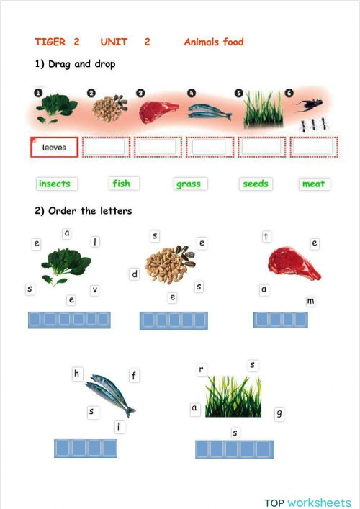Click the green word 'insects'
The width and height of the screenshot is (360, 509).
point(55,184)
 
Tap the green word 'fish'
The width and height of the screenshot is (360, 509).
point(122,184)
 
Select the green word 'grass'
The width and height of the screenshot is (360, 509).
point(189,184)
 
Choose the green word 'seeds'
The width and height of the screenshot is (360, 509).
point(256,184)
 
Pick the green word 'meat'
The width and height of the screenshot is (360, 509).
point(313,184)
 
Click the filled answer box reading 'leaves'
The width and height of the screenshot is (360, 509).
point(54,148)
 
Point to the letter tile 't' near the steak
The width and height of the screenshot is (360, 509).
point(266,236)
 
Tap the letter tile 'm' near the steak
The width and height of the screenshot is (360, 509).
point(310,300)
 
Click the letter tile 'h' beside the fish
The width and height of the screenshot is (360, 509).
point(77,374)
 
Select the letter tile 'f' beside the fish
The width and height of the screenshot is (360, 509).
point(133,375)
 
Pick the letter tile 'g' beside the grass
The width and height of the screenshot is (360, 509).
point(279,413)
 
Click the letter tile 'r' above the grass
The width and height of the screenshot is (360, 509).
point(202,369)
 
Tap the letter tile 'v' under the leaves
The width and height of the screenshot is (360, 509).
point(94,289)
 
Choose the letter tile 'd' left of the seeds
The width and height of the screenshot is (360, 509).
point(134,274)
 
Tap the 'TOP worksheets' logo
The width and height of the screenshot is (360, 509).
point(307,502)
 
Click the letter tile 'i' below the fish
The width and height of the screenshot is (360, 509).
point(118,428)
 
